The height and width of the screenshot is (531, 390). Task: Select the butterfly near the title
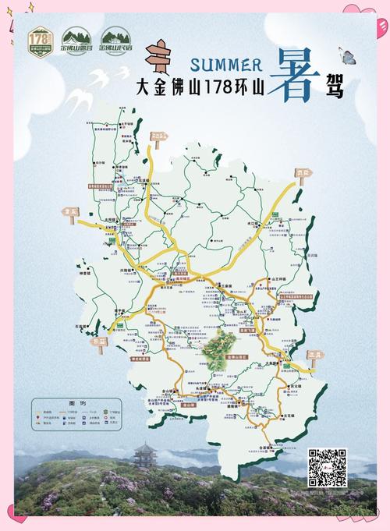(348, 55)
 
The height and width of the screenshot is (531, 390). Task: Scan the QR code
(328, 467)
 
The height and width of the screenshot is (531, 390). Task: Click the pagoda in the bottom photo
(146, 455)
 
